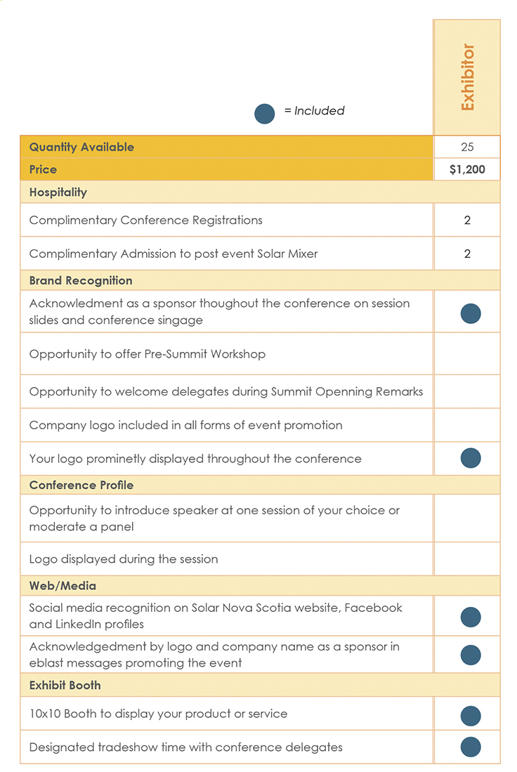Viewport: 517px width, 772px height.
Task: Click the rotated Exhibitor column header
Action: [x=468, y=77]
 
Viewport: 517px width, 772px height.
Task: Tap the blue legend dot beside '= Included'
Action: [x=265, y=114]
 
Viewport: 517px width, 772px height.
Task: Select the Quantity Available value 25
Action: [x=468, y=147]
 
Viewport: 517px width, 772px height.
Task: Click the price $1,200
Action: [x=467, y=169]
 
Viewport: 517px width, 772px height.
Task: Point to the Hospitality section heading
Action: [x=58, y=192]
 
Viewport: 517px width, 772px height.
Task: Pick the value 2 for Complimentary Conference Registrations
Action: [x=468, y=220]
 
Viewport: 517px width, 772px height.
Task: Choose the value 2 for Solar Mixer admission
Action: [x=468, y=254]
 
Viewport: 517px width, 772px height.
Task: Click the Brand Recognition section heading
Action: [x=81, y=280]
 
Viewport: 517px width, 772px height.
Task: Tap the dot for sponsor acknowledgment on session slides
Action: [x=471, y=313]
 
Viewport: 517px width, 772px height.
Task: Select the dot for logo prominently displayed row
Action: [x=471, y=459]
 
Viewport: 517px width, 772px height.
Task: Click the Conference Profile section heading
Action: [x=81, y=485]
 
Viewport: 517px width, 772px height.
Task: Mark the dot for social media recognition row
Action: [x=471, y=617]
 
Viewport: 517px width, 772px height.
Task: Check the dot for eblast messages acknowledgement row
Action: [x=471, y=655]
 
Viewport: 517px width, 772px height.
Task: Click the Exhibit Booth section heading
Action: [x=65, y=685]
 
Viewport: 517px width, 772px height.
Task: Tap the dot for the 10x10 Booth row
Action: [x=471, y=716]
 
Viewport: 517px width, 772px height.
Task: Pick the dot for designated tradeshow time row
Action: [x=471, y=747]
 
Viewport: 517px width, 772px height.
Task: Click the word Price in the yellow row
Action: [x=44, y=169]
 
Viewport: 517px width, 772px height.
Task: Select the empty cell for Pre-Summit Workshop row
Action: [x=467, y=354]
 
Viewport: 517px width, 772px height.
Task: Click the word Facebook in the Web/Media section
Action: [x=377, y=608]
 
